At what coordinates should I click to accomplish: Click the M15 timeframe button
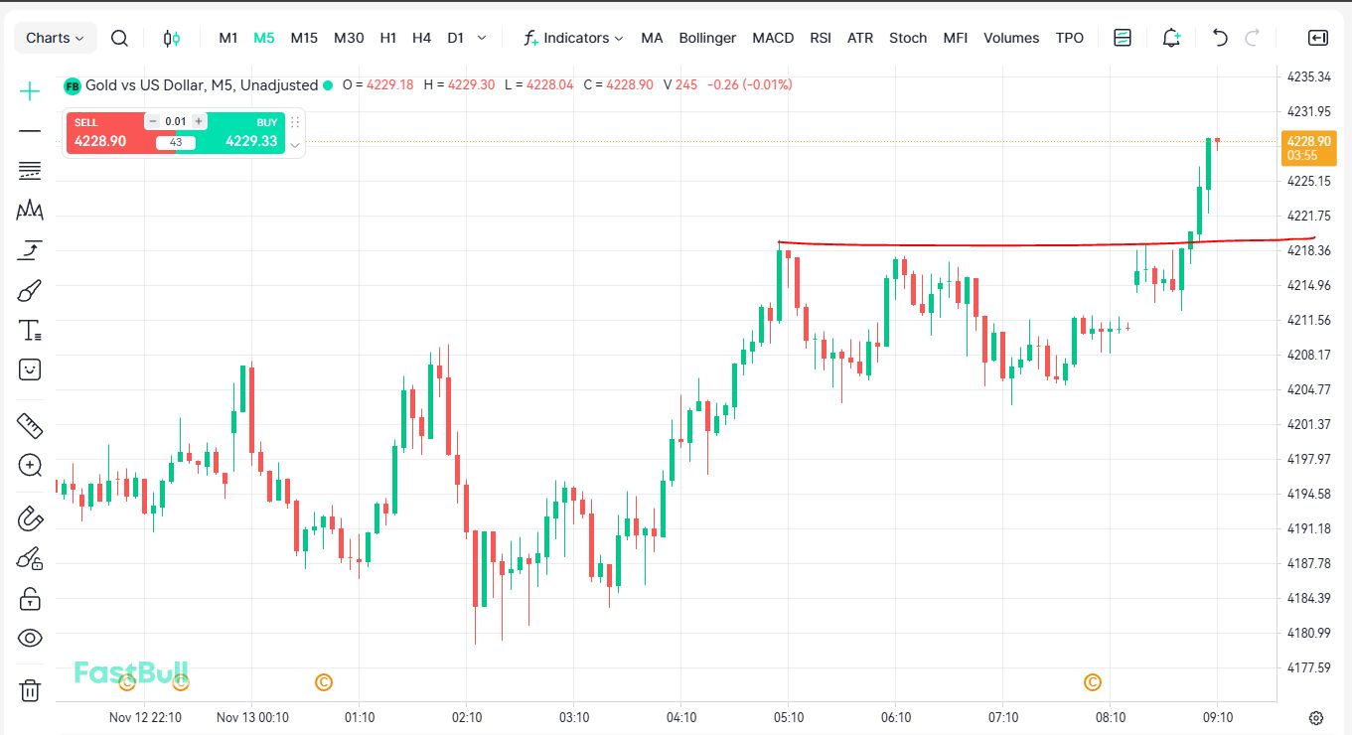(304, 38)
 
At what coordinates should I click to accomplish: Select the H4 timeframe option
(421, 38)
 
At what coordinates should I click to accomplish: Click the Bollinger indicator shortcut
(707, 38)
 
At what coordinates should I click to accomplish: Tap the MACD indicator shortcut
(773, 38)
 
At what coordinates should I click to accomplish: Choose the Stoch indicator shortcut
(908, 38)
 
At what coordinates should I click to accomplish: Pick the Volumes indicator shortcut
(1011, 38)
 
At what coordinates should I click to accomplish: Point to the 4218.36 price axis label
(1308, 250)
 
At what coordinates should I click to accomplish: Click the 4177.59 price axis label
(1308, 667)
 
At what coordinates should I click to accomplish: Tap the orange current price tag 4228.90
(1308, 147)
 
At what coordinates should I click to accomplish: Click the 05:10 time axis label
(789, 717)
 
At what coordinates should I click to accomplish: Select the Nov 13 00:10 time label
(252, 717)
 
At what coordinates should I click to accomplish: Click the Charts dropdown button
(55, 38)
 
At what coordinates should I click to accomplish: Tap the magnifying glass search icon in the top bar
(119, 38)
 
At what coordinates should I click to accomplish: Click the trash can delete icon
(30, 690)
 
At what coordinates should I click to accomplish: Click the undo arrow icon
(1220, 38)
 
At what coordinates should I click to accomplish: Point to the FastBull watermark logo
(131, 672)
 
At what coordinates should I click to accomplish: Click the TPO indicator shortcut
(1070, 38)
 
